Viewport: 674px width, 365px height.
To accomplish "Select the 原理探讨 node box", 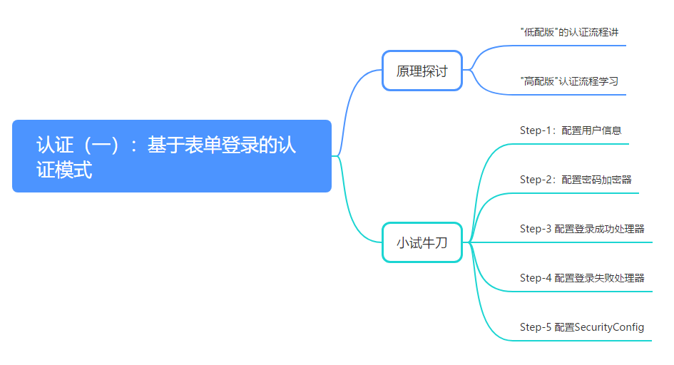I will [x=422, y=71].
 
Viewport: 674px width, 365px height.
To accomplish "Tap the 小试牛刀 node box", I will [x=422, y=242].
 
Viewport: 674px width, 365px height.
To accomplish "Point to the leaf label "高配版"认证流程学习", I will [x=569, y=81].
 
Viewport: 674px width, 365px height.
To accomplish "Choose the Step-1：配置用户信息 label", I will [x=571, y=130].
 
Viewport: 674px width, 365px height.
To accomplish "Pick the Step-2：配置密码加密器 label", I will [x=576, y=180].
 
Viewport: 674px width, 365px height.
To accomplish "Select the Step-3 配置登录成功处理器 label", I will [x=582, y=229].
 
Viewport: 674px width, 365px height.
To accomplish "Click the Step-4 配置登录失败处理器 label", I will [x=582, y=278].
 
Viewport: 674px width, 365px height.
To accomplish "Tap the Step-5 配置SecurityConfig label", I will [x=582, y=327].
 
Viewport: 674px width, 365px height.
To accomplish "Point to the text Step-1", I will [x=536, y=130].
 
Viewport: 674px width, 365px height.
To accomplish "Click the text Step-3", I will [x=536, y=229].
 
